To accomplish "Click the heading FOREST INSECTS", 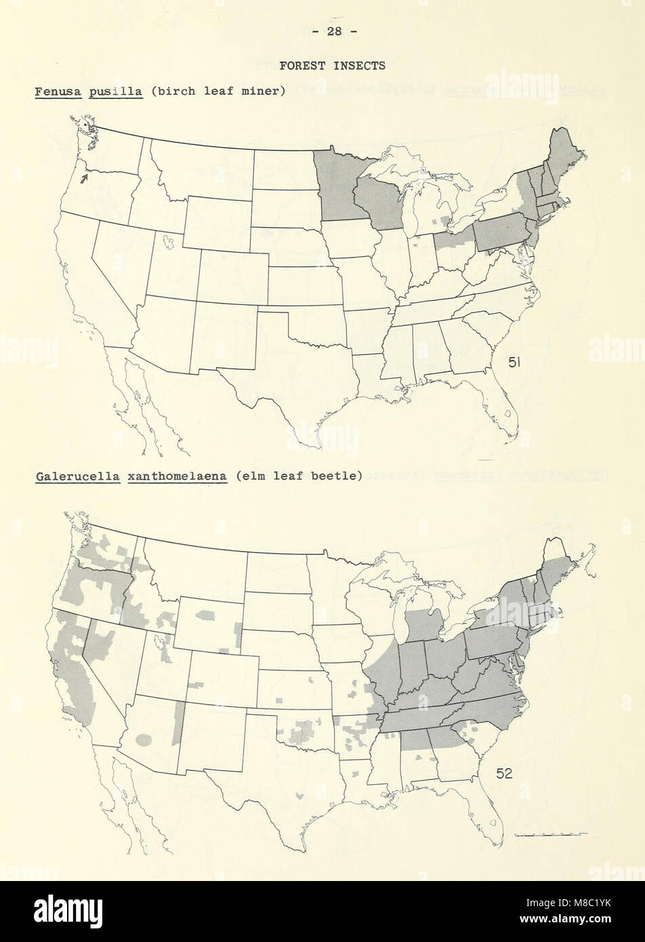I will (333, 66).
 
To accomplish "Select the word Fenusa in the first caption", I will (58, 90).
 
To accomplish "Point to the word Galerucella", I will (77, 476).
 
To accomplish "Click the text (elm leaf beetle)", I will (297, 476).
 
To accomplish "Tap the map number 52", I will (503, 773).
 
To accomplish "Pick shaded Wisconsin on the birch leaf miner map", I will (377, 202).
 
